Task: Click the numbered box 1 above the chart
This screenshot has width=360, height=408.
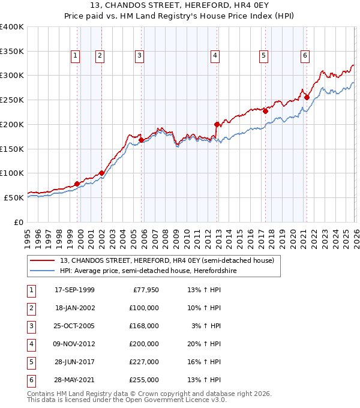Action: [x=75, y=56]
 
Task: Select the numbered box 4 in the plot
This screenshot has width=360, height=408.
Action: [x=214, y=56]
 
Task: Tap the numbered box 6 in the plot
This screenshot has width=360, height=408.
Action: [x=305, y=56]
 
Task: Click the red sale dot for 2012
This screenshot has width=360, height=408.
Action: [x=217, y=124]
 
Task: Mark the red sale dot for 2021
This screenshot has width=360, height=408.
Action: [x=307, y=97]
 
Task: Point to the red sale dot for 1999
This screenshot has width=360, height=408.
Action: [x=77, y=184]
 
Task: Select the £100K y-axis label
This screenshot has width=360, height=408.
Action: [x=12, y=173]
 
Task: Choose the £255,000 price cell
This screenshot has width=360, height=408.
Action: [x=145, y=380]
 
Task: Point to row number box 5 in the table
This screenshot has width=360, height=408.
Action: [x=30, y=362]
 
